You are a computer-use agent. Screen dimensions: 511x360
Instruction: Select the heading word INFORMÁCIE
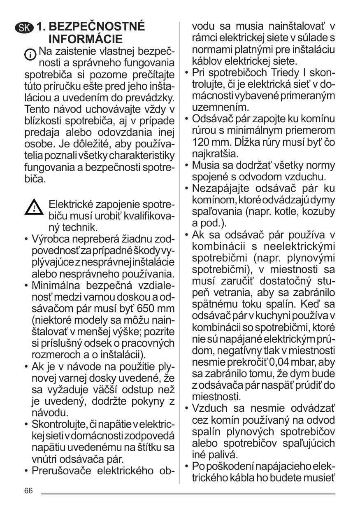click(x=86, y=40)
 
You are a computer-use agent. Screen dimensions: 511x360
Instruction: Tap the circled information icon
click(x=31, y=54)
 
